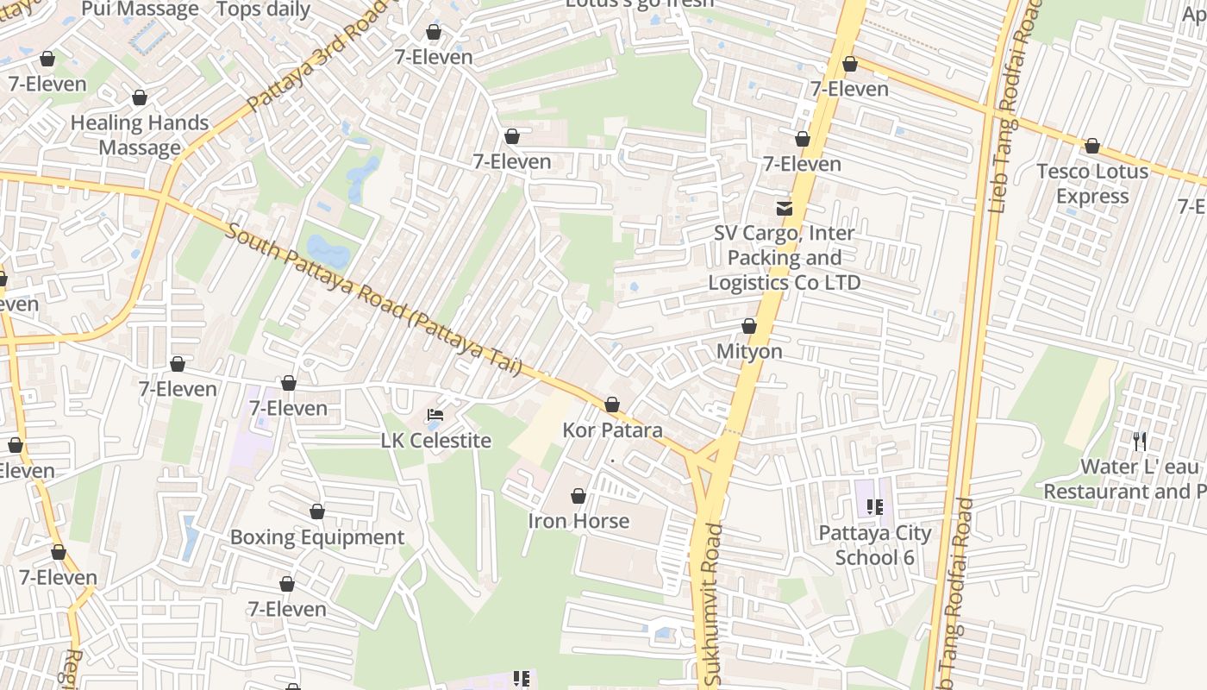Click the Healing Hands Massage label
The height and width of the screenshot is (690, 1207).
point(140,135)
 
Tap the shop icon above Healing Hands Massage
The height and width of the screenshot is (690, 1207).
point(140,97)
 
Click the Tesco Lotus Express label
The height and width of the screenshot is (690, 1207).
point(1092,184)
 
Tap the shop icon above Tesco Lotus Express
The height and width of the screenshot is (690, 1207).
point(1092,146)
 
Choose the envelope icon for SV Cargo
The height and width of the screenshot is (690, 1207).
point(785,208)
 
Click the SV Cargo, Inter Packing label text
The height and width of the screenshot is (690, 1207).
point(785,258)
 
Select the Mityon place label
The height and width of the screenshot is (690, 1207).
point(749,351)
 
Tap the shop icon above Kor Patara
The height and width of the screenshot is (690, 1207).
point(612,405)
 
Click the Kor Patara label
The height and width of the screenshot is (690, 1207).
point(612,430)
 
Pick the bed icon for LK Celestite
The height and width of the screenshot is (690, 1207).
point(435,415)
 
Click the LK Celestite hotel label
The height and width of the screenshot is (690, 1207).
point(435,441)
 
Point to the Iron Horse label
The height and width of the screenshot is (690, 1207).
point(578,521)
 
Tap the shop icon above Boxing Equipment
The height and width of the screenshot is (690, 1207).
point(317,511)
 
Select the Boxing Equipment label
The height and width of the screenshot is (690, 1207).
point(317,537)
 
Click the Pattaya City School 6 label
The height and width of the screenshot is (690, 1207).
point(875,545)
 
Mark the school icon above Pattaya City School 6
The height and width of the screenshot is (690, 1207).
point(875,507)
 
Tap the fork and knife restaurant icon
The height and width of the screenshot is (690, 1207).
point(1140,442)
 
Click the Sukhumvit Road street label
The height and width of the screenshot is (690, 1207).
point(711,604)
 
